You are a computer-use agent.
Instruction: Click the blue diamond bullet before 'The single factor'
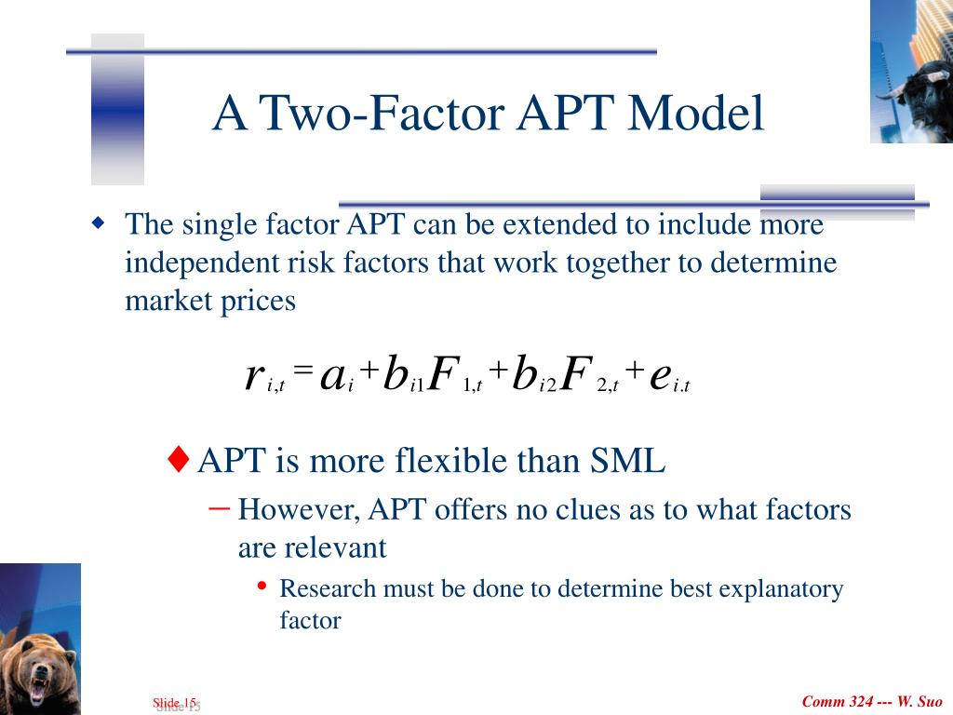(98, 223)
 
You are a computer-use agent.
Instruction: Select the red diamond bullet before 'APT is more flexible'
(178, 459)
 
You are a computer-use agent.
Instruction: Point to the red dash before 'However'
(220, 507)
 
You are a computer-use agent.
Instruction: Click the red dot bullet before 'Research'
(262, 586)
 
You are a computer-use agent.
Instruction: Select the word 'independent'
(201, 263)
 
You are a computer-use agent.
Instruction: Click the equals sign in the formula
(303, 368)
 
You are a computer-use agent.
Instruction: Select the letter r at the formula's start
(253, 376)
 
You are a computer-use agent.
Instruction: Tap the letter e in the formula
(660, 376)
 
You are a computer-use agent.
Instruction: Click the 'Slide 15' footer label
(176, 704)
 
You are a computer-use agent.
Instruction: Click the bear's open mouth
(37, 687)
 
